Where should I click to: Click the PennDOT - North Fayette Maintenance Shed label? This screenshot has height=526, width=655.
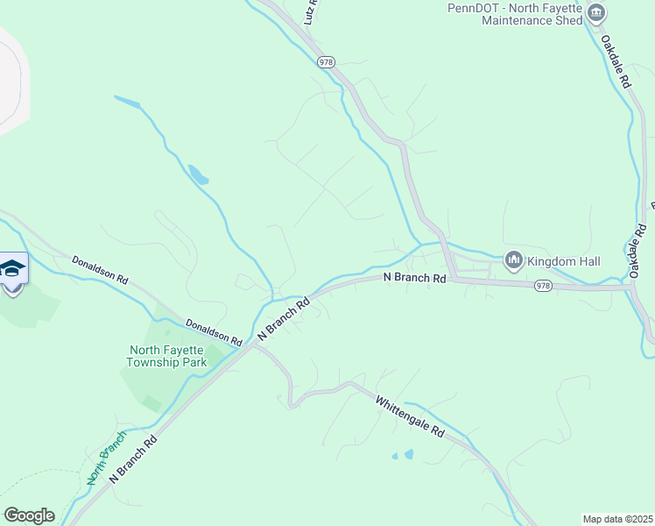[x=515, y=13]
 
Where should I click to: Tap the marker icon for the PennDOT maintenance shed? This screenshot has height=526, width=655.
[x=596, y=12]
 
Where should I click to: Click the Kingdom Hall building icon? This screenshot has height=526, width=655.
[x=514, y=259]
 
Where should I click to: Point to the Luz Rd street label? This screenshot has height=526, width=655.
[x=310, y=11]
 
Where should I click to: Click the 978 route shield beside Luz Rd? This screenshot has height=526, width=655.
[x=327, y=62]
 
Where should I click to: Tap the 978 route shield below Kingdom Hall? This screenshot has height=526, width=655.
[x=543, y=286]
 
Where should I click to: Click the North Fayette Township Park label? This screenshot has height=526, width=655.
[x=166, y=355]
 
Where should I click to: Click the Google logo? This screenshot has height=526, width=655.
[x=29, y=515]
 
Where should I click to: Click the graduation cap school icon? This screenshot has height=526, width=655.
[x=12, y=268]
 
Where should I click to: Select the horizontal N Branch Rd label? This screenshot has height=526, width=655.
[x=416, y=277]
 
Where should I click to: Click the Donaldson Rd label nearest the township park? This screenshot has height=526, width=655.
[x=214, y=331]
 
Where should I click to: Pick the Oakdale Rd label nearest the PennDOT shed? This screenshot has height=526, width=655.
[x=616, y=60]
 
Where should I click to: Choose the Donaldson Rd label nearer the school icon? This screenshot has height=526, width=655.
[x=100, y=268]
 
